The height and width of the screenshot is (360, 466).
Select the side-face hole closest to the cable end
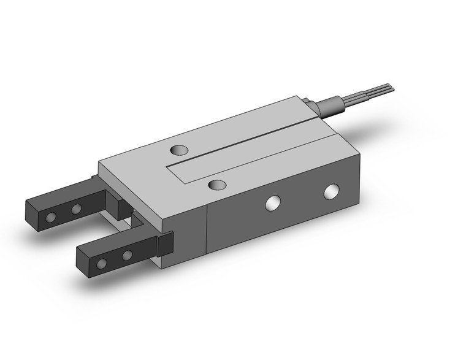pyautogui.click(x=332, y=191)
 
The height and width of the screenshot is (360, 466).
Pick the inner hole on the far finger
pyautogui.click(x=75, y=209)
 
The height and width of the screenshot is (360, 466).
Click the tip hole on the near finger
pyautogui.click(x=102, y=264)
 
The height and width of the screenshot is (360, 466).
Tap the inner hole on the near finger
pyautogui.click(x=127, y=255)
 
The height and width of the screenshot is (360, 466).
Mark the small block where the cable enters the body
pyautogui.click(x=310, y=106)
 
